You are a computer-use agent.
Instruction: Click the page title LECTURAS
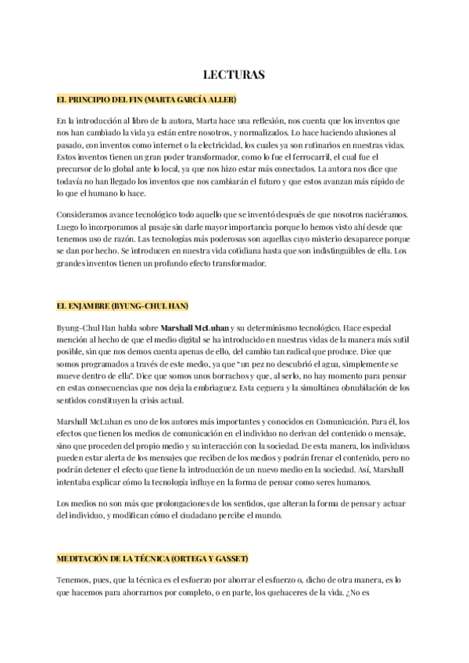[234, 75]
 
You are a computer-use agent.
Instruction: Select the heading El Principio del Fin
[146, 100]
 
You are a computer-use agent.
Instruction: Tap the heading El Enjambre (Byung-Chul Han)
[123, 304]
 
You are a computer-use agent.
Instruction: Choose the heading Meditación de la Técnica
[152, 559]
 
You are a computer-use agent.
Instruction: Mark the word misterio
[308, 238]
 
